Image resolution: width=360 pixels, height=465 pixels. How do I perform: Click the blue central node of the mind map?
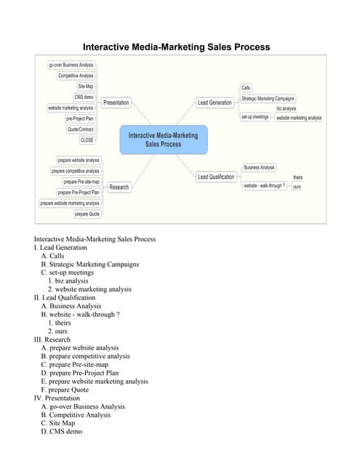(164, 139)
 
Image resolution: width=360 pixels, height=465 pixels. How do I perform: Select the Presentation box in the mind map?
(116, 102)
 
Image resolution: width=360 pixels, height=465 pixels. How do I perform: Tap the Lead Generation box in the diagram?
(215, 102)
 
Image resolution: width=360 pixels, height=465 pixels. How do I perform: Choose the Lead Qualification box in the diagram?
(216, 177)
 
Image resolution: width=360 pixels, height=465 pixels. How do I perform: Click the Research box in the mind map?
(119, 187)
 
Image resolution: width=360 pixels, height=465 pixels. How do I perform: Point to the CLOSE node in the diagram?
(87, 140)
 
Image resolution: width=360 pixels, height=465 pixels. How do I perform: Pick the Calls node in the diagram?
(246, 87)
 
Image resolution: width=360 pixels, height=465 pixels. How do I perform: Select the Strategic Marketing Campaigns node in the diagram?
(268, 99)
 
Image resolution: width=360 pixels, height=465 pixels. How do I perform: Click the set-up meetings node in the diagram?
(255, 117)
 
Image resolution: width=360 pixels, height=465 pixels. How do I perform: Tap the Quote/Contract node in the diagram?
(81, 129)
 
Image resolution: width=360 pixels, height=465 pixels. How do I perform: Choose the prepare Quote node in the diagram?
(87, 214)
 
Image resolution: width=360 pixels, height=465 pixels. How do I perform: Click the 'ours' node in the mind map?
(297, 187)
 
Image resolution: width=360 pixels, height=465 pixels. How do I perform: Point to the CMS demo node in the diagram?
(84, 97)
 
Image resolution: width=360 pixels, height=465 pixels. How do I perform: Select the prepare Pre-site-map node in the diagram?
(81, 182)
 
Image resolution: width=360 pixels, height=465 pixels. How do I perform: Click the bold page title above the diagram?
(176, 46)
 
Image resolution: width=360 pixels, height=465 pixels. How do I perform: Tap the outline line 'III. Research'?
(52, 339)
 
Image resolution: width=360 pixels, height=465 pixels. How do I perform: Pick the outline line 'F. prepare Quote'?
(65, 389)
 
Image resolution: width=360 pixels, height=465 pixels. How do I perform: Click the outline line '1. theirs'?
(60, 323)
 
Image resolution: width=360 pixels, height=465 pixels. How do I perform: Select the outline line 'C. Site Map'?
(58, 423)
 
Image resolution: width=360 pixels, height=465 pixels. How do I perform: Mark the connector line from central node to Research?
(143, 171)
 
